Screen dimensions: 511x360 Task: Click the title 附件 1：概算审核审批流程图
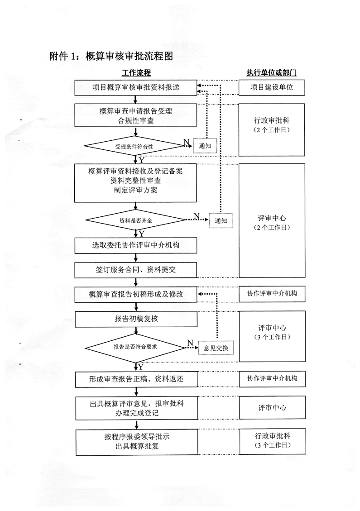click(x=111, y=56)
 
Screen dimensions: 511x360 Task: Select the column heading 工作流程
click(x=136, y=73)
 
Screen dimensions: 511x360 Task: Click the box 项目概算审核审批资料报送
click(x=136, y=88)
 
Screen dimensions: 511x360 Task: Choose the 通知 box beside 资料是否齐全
click(x=221, y=220)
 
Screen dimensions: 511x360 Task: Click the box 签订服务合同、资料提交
click(x=136, y=270)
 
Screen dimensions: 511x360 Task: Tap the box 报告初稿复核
click(x=136, y=319)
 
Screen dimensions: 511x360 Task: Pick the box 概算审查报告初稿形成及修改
click(x=136, y=295)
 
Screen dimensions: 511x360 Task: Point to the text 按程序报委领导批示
click(x=136, y=437)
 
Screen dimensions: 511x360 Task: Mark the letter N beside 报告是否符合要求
click(x=190, y=343)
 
